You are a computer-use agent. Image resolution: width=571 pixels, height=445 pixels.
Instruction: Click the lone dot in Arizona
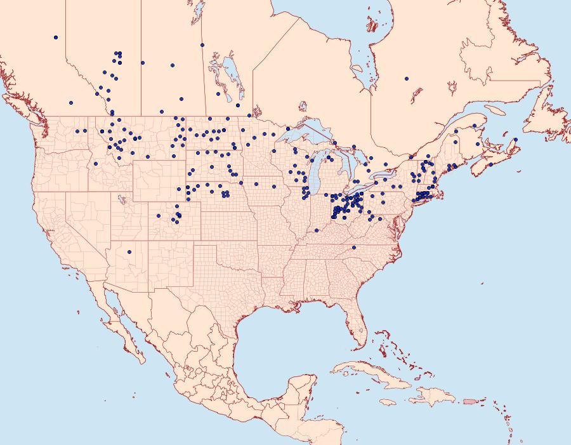pos(129,252)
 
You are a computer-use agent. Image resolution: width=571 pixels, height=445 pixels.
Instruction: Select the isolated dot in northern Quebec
pos(406,79)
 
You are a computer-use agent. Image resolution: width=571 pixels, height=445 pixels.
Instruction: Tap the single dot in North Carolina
pos(354,247)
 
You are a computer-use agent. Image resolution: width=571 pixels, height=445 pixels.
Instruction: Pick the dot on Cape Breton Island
pos(516,140)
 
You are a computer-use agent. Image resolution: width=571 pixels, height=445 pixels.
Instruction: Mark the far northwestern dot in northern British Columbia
pos(56,37)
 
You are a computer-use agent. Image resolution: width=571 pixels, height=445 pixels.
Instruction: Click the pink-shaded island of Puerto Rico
pos(470,401)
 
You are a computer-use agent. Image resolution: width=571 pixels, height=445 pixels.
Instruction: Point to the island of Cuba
pos(374,374)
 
